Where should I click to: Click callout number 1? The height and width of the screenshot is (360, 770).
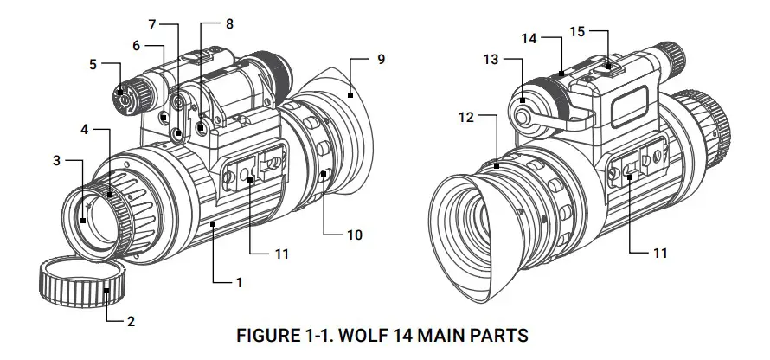(x=239, y=281)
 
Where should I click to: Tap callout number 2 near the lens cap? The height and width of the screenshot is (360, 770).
(x=131, y=322)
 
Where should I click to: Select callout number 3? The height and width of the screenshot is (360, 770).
(x=57, y=161)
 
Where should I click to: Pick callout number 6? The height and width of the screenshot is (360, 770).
(x=136, y=44)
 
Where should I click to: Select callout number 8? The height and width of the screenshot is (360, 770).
(x=228, y=25)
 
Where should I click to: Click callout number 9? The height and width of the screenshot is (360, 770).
(x=381, y=59)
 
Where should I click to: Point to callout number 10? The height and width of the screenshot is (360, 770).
(x=354, y=235)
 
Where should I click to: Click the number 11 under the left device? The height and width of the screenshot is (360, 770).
(x=280, y=254)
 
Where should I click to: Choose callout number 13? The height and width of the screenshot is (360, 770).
(x=529, y=38)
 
